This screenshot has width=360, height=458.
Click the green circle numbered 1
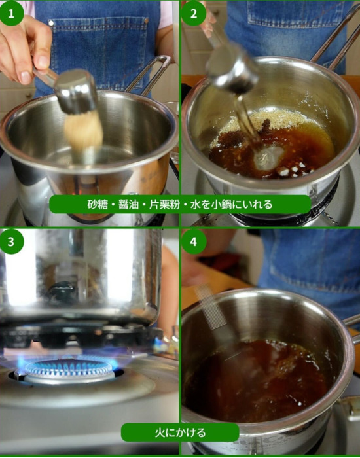[11, 14]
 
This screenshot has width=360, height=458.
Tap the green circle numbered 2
[194, 14]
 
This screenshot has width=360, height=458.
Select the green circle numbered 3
[11, 241]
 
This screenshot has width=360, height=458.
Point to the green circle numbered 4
[194, 241]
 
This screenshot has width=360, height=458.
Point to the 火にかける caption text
[180, 432]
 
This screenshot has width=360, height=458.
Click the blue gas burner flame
[68, 366]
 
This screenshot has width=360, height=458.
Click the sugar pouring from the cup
[84, 132]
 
